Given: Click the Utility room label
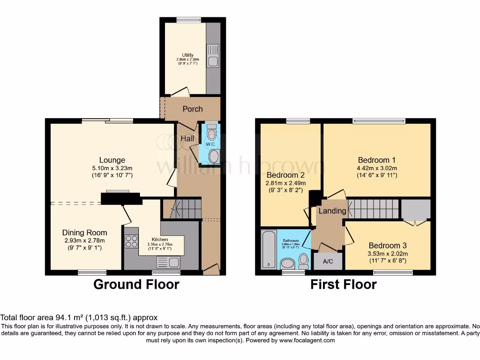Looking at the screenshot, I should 187,55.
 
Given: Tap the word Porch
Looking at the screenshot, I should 192,109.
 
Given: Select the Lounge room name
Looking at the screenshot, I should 112,160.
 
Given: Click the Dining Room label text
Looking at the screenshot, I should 84,232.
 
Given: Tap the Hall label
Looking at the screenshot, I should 188,139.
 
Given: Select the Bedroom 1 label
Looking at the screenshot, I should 377,159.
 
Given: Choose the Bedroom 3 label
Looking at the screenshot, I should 388,246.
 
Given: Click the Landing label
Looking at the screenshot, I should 332,211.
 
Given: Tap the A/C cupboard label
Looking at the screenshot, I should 328,261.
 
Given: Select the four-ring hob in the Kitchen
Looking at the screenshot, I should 131,241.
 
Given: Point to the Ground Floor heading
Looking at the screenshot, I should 136,285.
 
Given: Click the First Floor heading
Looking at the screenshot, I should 344,285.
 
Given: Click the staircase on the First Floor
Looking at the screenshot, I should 373,209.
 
